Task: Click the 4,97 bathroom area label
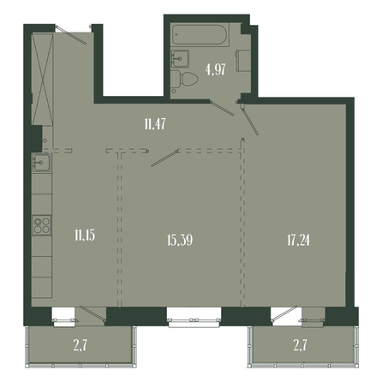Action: pyautogui.click(x=216, y=69)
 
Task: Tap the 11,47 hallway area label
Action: pyautogui.click(x=155, y=124)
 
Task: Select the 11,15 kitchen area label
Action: pyautogui.click(x=85, y=236)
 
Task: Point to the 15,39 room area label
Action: pyautogui.click(x=180, y=240)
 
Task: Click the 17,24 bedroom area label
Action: pyautogui.click(x=298, y=240)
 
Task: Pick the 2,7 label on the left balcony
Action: pyautogui.click(x=81, y=345)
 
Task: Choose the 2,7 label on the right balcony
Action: pyautogui.click(x=300, y=345)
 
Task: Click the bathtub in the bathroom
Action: pyautogui.click(x=200, y=35)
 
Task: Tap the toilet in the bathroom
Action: pyautogui.click(x=185, y=79)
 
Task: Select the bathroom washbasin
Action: pyautogui.click(x=180, y=59)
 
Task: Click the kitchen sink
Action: pyautogui.click(x=41, y=163)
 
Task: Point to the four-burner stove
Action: pyautogui.click(x=42, y=225)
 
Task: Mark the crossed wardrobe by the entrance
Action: pyautogui.click(x=43, y=79)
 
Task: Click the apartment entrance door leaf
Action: pyautogui.click(x=71, y=35)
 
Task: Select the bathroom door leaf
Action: pyautogui.click(x=222, y=108)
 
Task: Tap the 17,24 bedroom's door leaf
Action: pyautogui.click(x=250, y=120)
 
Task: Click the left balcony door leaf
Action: pyautogui.click(x=93, y=313)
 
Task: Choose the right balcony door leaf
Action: pyautogui.click(x=284, y=313)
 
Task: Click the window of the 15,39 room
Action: pyautogui.click(x=194, y=318)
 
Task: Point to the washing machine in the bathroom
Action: pyautogui.click(x=243, y=61)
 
